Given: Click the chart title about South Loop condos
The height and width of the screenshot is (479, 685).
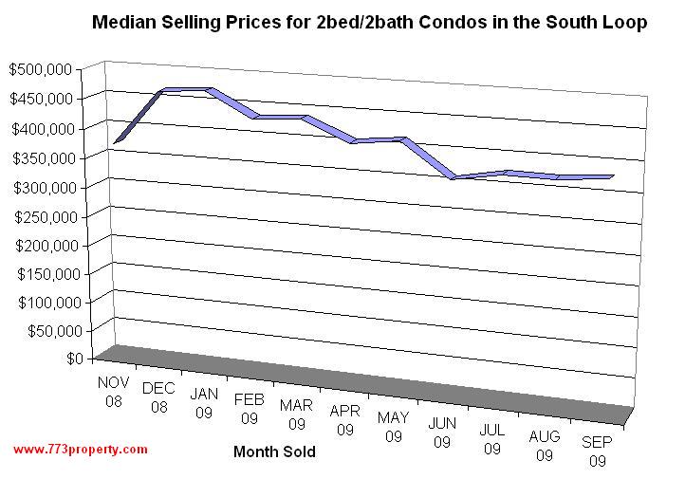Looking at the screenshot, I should pyautogui.click(x=368, y=22).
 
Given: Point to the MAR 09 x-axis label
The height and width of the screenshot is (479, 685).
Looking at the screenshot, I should pyautogui.click(x=297, y=415).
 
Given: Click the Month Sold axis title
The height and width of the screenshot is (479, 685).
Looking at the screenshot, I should pyautogui.click(x=274, y=452).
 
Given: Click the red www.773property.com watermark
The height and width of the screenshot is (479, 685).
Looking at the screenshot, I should pyautogui.click(x=81, y=449).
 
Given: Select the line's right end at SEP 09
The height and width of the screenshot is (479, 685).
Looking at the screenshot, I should pyautogui.click(x=612, y=176).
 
